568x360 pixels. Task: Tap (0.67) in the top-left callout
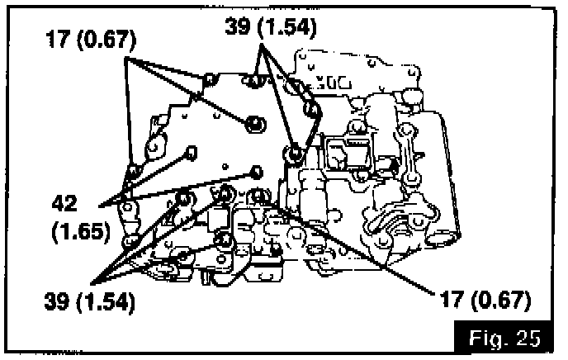[105, 42]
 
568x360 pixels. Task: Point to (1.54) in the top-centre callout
[287, 26]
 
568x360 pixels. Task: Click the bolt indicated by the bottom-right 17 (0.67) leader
[258, 196]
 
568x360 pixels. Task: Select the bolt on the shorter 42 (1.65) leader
[191, 151]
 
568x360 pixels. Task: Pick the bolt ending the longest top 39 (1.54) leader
[295, 152]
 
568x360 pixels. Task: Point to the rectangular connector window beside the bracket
[339, 154]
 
